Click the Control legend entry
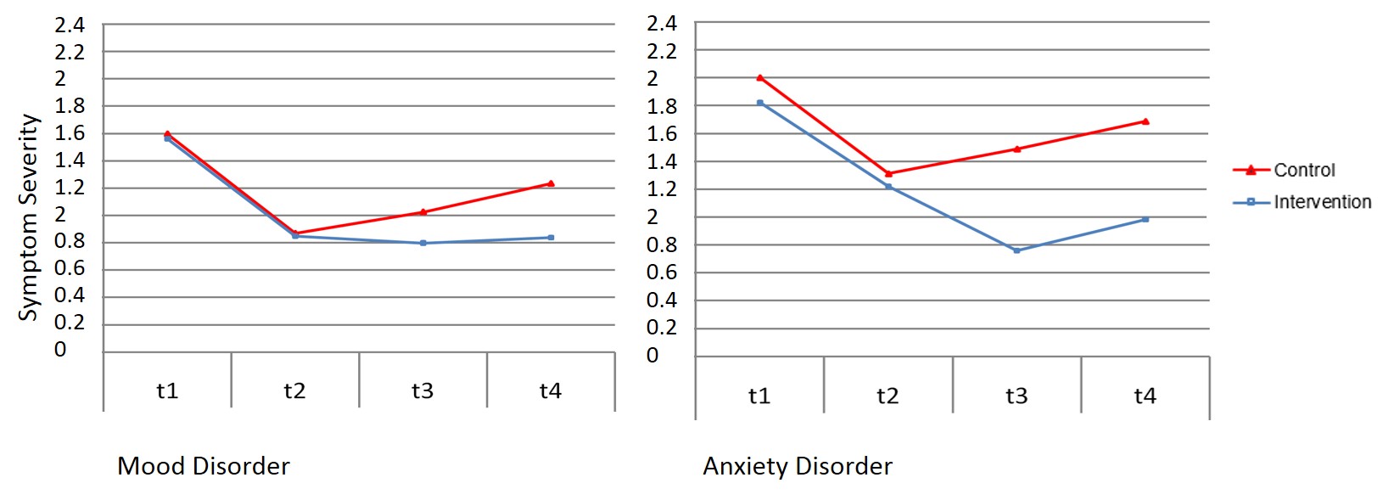(1304, 170)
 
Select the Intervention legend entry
(1322, 202)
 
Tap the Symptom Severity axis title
(29, 217)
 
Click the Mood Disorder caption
(204, 466)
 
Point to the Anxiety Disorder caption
(798, 466)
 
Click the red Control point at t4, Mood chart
(551, 183)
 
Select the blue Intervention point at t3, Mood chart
(423, 243)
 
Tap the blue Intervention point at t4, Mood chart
(551, 238)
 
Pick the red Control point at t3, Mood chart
(423, 211)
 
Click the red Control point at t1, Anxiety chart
(759, 77)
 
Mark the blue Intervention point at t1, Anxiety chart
(759, 103)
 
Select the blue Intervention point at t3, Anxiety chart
(1017, 250)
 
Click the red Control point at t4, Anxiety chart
(1145, 121)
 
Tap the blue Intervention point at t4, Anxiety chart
(1145, 219)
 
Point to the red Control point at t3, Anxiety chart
(1017, 149)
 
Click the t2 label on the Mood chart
(294, 390)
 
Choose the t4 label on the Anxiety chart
(1145, 396)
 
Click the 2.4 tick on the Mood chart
(70, 25)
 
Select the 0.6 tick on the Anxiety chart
(662, 272)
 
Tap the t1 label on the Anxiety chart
(759, 396)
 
